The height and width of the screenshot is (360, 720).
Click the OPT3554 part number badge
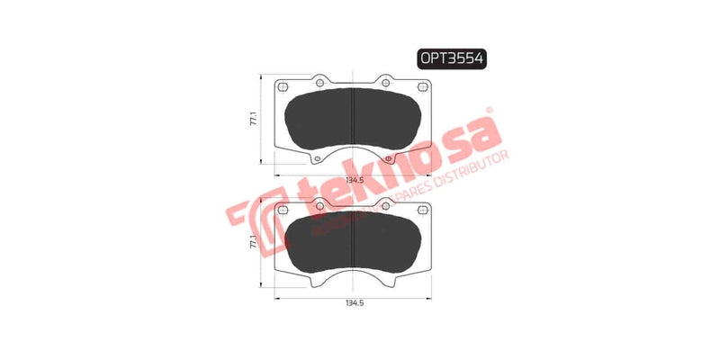[451, 58]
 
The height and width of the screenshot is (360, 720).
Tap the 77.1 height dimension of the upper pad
[255, 120]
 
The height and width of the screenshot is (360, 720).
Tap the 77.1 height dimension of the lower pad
[255, 240]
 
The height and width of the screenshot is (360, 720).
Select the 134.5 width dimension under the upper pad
[353, 180]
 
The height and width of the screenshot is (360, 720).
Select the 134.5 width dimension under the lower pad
[353, 303]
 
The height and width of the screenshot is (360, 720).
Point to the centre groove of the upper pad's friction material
[353, 117]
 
